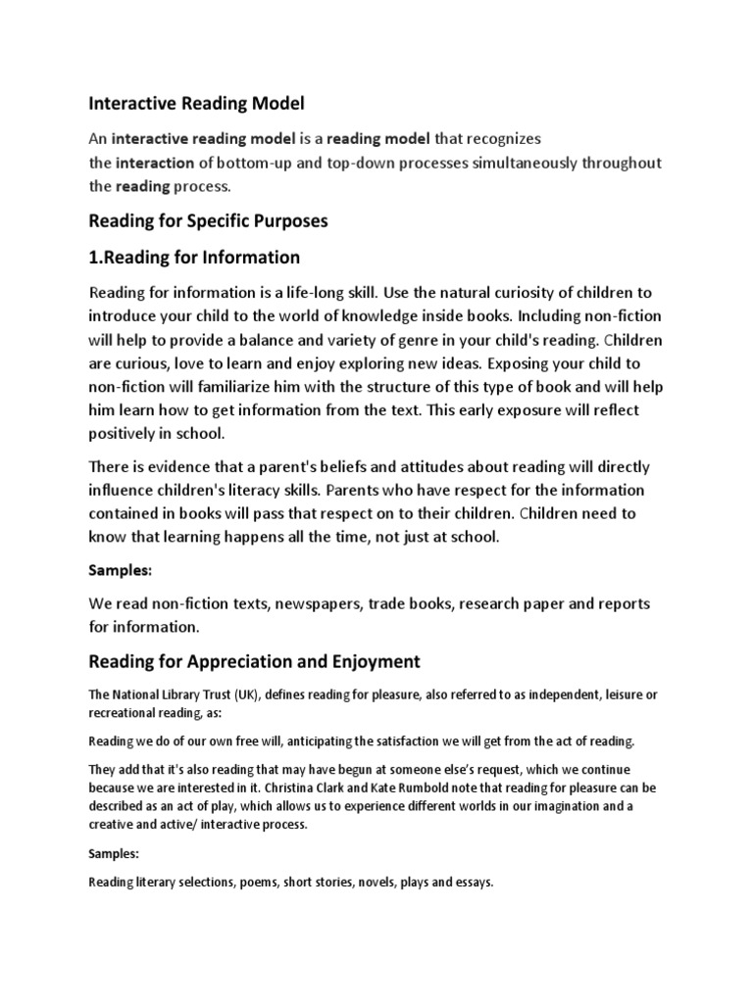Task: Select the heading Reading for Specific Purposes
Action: point(208,221)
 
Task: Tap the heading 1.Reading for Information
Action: point(194,258)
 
